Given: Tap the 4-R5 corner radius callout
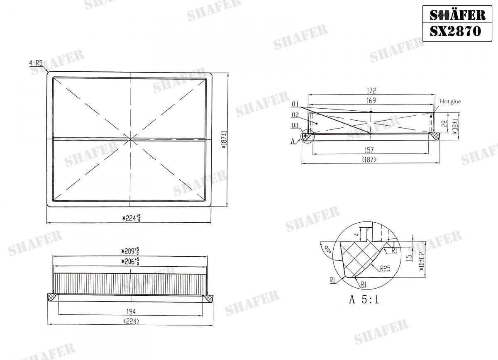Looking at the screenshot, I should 36,63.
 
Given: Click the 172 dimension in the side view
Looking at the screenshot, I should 371,90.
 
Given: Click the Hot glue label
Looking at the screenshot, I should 450,101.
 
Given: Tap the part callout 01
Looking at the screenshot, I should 295,103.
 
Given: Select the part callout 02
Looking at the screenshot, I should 295,114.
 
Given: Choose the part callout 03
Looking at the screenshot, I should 295,125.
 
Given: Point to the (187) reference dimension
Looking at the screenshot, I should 369,160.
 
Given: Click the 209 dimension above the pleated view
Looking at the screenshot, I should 130,251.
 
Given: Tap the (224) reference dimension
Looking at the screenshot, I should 131,321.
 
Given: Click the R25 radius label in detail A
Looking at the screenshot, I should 386,268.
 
